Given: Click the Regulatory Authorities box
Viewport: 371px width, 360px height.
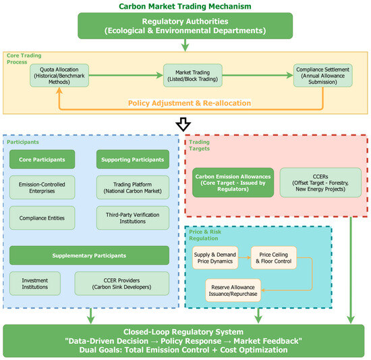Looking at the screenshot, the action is tap(185, 26).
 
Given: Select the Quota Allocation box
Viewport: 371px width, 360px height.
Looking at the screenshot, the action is tap(59, 76).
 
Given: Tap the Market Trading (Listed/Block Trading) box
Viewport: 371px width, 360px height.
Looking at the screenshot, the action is tap(193, 76).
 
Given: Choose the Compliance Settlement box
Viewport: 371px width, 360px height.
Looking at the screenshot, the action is tap(323, 76).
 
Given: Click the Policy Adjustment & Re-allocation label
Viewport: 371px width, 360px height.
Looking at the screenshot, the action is tap(190, 103).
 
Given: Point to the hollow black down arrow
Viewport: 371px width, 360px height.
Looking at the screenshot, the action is tap(183, 124).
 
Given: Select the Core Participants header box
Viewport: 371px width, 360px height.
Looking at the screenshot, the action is tap(42, 159).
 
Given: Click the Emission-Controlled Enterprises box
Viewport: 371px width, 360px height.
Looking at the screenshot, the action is tap(42, 188).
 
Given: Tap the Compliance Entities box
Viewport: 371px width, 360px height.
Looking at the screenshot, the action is tap(42, 218).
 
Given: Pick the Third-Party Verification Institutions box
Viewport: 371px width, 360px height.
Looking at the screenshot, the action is tap(133, 218).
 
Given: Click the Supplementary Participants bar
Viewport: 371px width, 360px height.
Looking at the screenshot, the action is tap(89, 255).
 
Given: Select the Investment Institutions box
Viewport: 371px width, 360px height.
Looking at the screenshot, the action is tap(35, 284).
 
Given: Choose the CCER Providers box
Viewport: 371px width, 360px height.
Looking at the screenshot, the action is tap(122, 284).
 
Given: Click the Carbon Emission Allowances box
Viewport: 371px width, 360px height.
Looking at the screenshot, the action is tap(233, 182).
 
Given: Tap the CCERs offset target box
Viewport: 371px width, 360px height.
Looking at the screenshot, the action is tap(320, 182).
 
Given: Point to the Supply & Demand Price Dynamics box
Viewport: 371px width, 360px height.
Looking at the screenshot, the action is tap(215, 258).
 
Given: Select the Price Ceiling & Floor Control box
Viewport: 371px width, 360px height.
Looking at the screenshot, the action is tap(274, 258).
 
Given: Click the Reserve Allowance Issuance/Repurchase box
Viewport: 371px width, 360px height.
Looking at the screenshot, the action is tap(233, 290).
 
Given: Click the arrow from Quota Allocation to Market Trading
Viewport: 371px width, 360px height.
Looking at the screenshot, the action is tap(126, 76).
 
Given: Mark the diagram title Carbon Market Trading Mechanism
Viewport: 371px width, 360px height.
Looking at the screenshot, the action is tap(185, 6).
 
